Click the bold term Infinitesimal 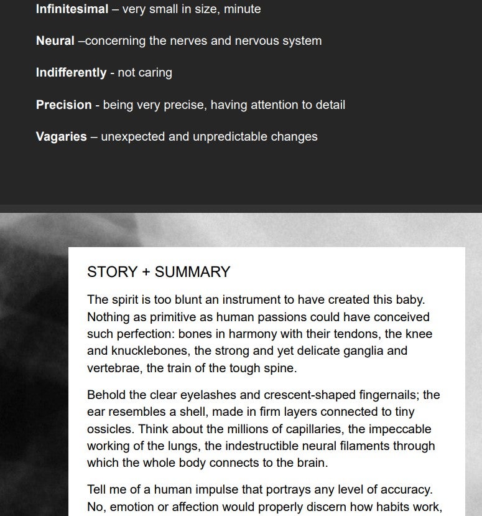point(72,9)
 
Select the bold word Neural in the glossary point(55,40)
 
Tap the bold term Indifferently point(71,72)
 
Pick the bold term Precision point(63,105)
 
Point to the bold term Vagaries point(61,136)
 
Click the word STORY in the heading point(111,272)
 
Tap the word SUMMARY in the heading point(193,272)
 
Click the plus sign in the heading point(145,272)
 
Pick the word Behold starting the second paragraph point(104,395)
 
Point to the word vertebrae point(114,368)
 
